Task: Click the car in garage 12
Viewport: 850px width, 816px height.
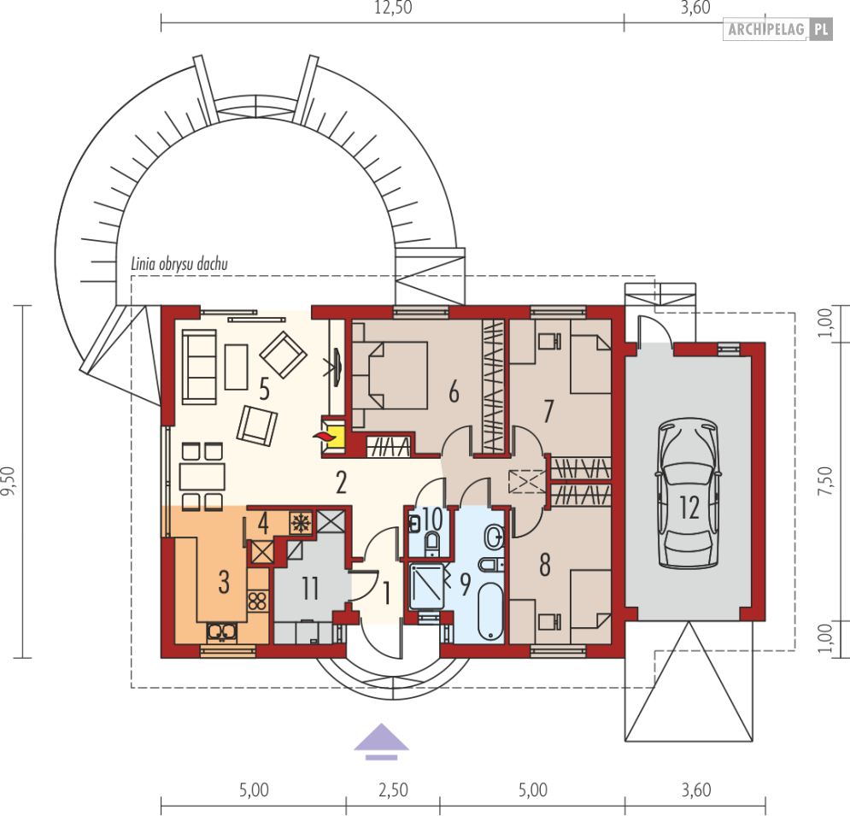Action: tap(689, 493)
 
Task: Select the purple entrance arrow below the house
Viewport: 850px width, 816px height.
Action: tap(381, 741)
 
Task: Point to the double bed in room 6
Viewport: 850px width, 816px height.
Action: tap(390, 375)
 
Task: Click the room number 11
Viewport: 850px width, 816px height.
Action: tap(310, 589)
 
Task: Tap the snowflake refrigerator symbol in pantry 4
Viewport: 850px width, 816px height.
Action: tap(300, 523)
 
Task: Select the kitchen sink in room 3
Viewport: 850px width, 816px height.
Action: tap(221, 631)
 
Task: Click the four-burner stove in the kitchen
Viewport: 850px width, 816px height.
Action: tap(257, 601)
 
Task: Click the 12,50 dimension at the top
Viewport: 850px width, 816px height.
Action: tap(393, 8)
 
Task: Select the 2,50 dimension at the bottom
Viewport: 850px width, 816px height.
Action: tap(393, 790)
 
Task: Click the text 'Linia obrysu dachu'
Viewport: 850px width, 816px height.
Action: tap(179, 264)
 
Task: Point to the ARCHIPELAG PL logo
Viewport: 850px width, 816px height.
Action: tap(778, 29)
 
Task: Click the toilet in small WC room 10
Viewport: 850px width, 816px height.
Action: tap(431, 543)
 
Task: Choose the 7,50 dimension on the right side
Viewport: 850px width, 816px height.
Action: tap(824, 481)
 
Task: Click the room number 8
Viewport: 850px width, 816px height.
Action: tap(545, 565)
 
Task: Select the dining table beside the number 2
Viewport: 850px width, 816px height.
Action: tap(202, 477)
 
